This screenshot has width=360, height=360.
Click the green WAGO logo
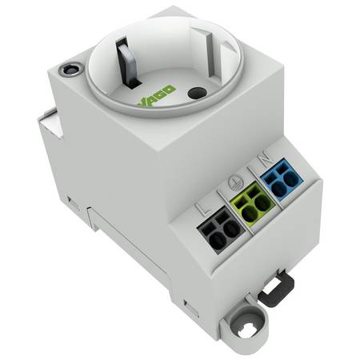pyautogui.click(x=156, y=97)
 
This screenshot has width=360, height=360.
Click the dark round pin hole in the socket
pyautogui.click(x=197, y=93)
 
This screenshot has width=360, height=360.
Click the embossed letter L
pyautogui.click(x=204, y=209)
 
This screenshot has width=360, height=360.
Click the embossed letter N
pyautogui.click(x=266, y=159)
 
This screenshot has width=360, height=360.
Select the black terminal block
pyautogui.click(x=221, y=230)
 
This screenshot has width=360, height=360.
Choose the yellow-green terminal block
pyautogui.click(x=253, y=204)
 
